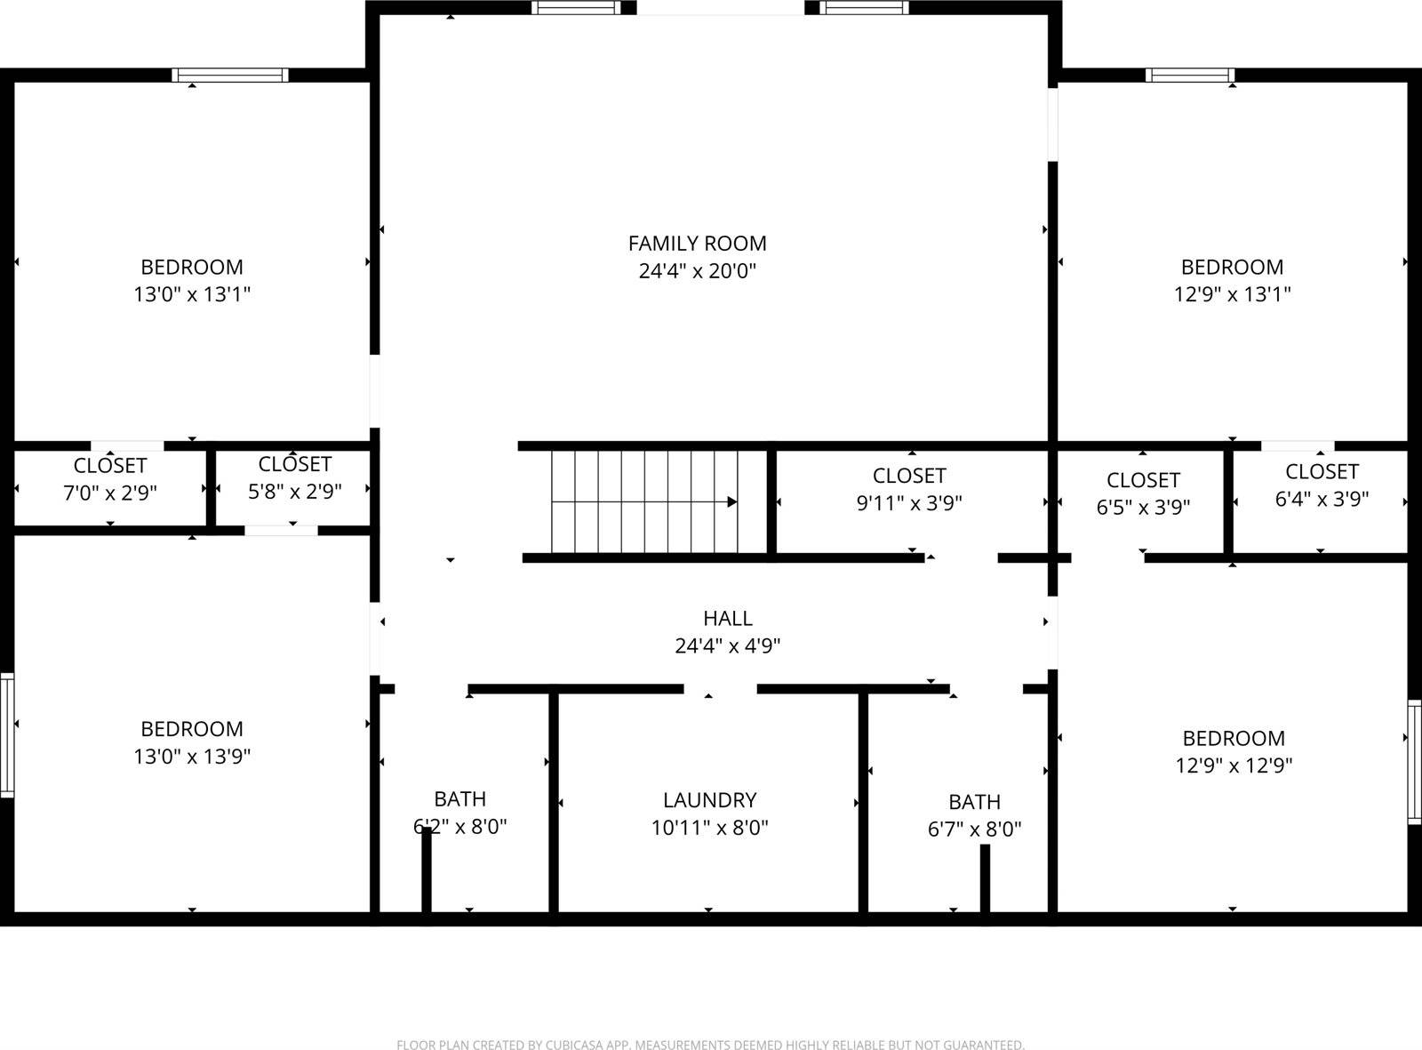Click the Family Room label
point(697,243)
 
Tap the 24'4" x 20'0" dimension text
point(697,270)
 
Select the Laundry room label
point(709,800)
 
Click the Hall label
point(728,618)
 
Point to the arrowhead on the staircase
point(732,501)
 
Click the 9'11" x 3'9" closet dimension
point(909,502)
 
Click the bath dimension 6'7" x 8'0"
point(975,830)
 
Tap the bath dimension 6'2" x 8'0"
point(460,827)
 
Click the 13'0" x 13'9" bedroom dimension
point(192,757)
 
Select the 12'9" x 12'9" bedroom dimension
point(1234,765)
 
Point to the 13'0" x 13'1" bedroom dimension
point(192,294)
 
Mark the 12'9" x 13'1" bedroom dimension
point(1232,294)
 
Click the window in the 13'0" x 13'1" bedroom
point(230,76)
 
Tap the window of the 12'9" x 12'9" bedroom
point(1414,762)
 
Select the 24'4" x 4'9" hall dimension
point(728,645)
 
